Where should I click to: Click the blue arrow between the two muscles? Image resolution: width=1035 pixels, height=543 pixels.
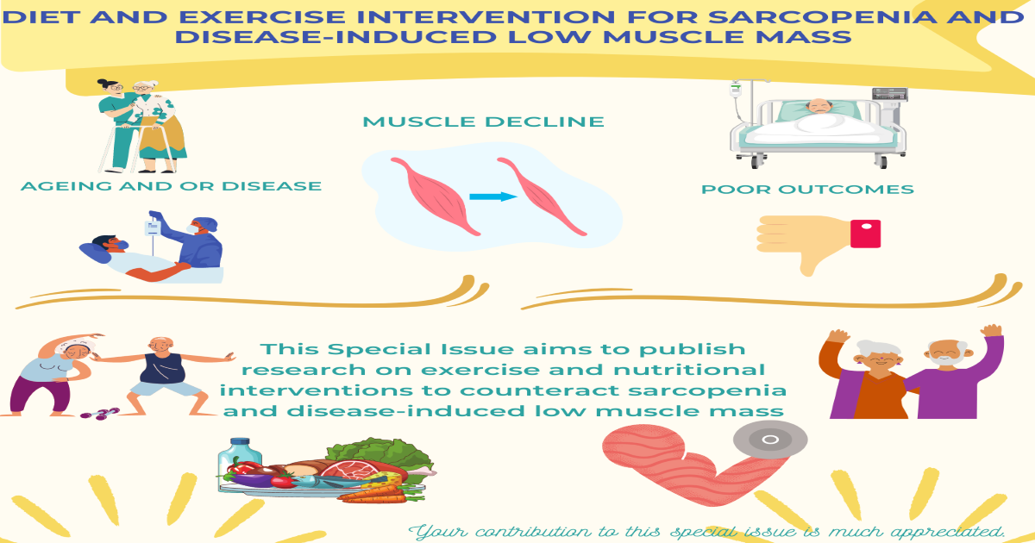492,197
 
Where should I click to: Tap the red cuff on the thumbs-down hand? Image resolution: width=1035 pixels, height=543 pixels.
865,234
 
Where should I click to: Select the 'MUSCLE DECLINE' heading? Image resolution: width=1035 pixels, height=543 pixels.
483,122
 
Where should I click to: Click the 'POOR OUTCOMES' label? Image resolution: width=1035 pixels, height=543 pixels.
806,190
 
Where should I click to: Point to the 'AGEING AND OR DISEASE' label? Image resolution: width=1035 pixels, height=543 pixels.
170,186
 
